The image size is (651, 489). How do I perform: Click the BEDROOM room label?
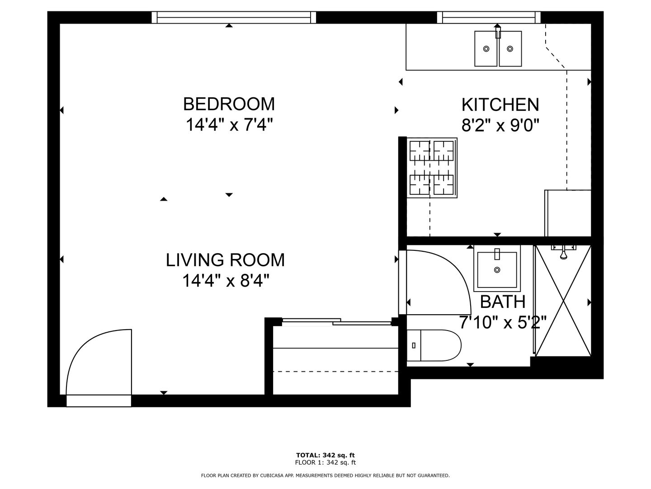pyautogui.click(x=229, y=104)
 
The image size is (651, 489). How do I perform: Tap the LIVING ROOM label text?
pyautogui.click(x=225, y=260)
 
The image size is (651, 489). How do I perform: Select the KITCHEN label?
pyautogui.click(x=500, y=105)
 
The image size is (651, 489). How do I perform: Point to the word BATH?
pyautogui.click(x=503, y=302)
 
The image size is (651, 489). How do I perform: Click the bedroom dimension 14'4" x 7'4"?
pyautogui.click(x=229, y=125)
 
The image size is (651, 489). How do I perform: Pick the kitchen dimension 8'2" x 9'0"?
pyautogui.click(x=500, y=125)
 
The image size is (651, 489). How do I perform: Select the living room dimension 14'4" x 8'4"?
pyautogui.click(x=226, y=281)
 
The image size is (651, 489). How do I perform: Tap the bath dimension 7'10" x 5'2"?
pyautogui.click(x=503, y=322)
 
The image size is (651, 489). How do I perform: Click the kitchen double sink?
pyautogui.click(x=498, y=48)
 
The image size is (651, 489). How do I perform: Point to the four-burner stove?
pyautogui.click(x=432, y=168)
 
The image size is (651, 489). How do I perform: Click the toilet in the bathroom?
pyautogui.click(x=434, y=345)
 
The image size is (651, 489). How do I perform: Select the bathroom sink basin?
pyautogui.click(x=497, y=268)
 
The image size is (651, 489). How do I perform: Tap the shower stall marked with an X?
pyautogui.click(x=563, y=301)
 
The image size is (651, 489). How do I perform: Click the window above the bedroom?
pyautogui.click(x=234, y=17)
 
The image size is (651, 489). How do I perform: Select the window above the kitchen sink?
pyautogui.click(x=489, y=17)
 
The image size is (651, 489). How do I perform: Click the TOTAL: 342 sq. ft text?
pyautogui.click(x=325, y=455)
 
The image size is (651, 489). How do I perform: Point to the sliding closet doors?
pyautogui.click(x=337, y=321)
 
